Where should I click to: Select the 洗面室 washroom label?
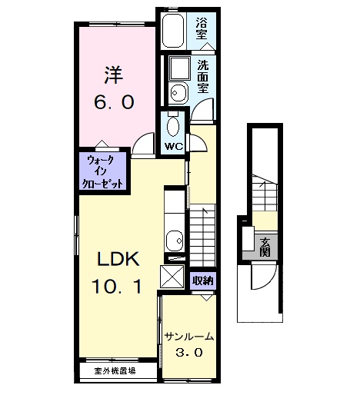tap(202, 77)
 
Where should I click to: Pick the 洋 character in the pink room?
tap(113, 75)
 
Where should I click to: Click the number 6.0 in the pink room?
tap(115, 101)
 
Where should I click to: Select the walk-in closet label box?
tap(102, 171)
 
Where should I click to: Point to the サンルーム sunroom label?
tap(188, 337)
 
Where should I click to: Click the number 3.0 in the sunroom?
tap(188, 354)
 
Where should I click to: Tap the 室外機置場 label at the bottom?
tap(115, 370)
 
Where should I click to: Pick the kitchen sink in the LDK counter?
tap(174, 240)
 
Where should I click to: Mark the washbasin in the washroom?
tap(178, 91)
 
